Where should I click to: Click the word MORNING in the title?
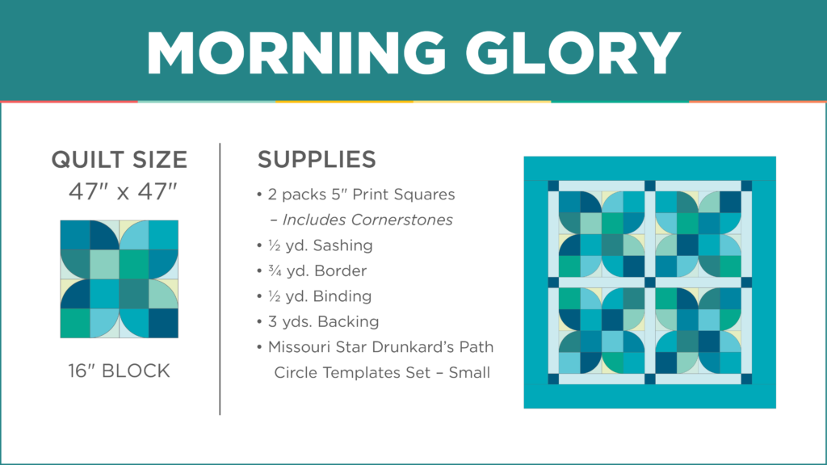tap(296, 52)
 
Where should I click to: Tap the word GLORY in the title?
tap(573, 52)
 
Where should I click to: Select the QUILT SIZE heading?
tap(120, 160)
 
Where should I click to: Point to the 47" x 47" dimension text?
tap(123, 191)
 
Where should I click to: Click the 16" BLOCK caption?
tap(120, 371)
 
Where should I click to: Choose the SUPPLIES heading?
tap(317, 159)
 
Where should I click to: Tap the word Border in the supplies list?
tap(342, 271)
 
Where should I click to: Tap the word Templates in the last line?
tap(367, 373)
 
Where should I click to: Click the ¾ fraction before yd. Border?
tap(275, 271)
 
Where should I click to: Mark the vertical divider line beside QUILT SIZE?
tap(220, 279)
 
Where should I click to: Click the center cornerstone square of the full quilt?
tap(650, 283)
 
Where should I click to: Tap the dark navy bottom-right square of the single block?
tap(163, 323)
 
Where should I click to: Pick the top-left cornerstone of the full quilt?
tap(553, 186)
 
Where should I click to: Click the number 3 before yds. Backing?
tap(271, 321)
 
